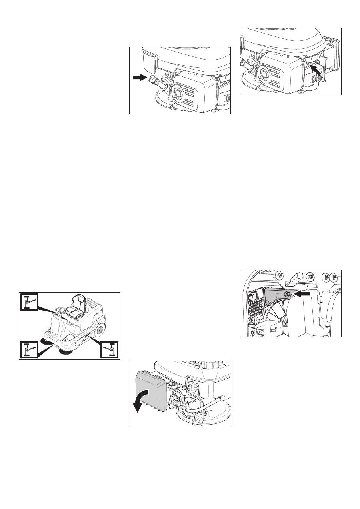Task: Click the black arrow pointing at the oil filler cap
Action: [x=140, y=79]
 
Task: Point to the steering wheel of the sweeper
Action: [x=61, y=310]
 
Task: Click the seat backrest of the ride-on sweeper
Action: [x=79, y=300]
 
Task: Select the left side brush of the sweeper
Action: [x=48, y=343]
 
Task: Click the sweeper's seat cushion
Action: [x=74, y=309]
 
